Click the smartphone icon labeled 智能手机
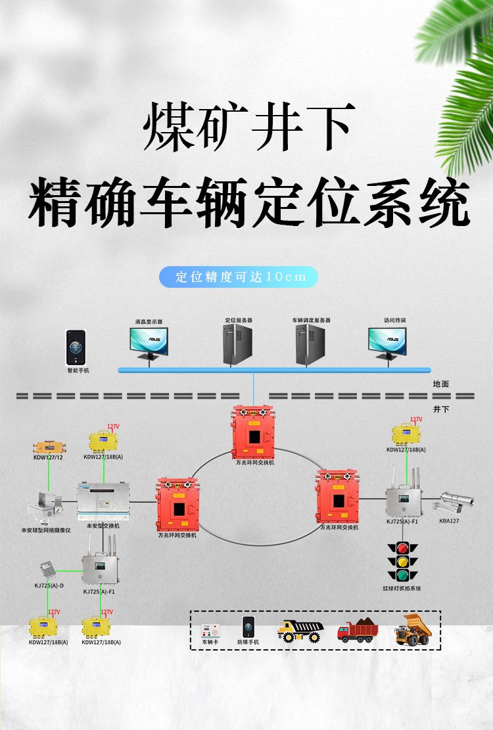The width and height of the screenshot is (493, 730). click(76, 348)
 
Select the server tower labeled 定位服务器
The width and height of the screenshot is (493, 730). click(238, 344)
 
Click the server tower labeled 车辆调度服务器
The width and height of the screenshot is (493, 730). click(311, 344)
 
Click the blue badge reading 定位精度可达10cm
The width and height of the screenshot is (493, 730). click(238, 277)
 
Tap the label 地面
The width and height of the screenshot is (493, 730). click(441, 383)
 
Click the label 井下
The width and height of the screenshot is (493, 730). click(441, 409)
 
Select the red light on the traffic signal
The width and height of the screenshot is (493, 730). click(402, 547)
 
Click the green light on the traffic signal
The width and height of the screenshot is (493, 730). click(402, 575)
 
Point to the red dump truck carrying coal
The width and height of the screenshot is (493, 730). click(358, 631)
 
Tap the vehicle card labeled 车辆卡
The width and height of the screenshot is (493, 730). click(209, 630)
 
